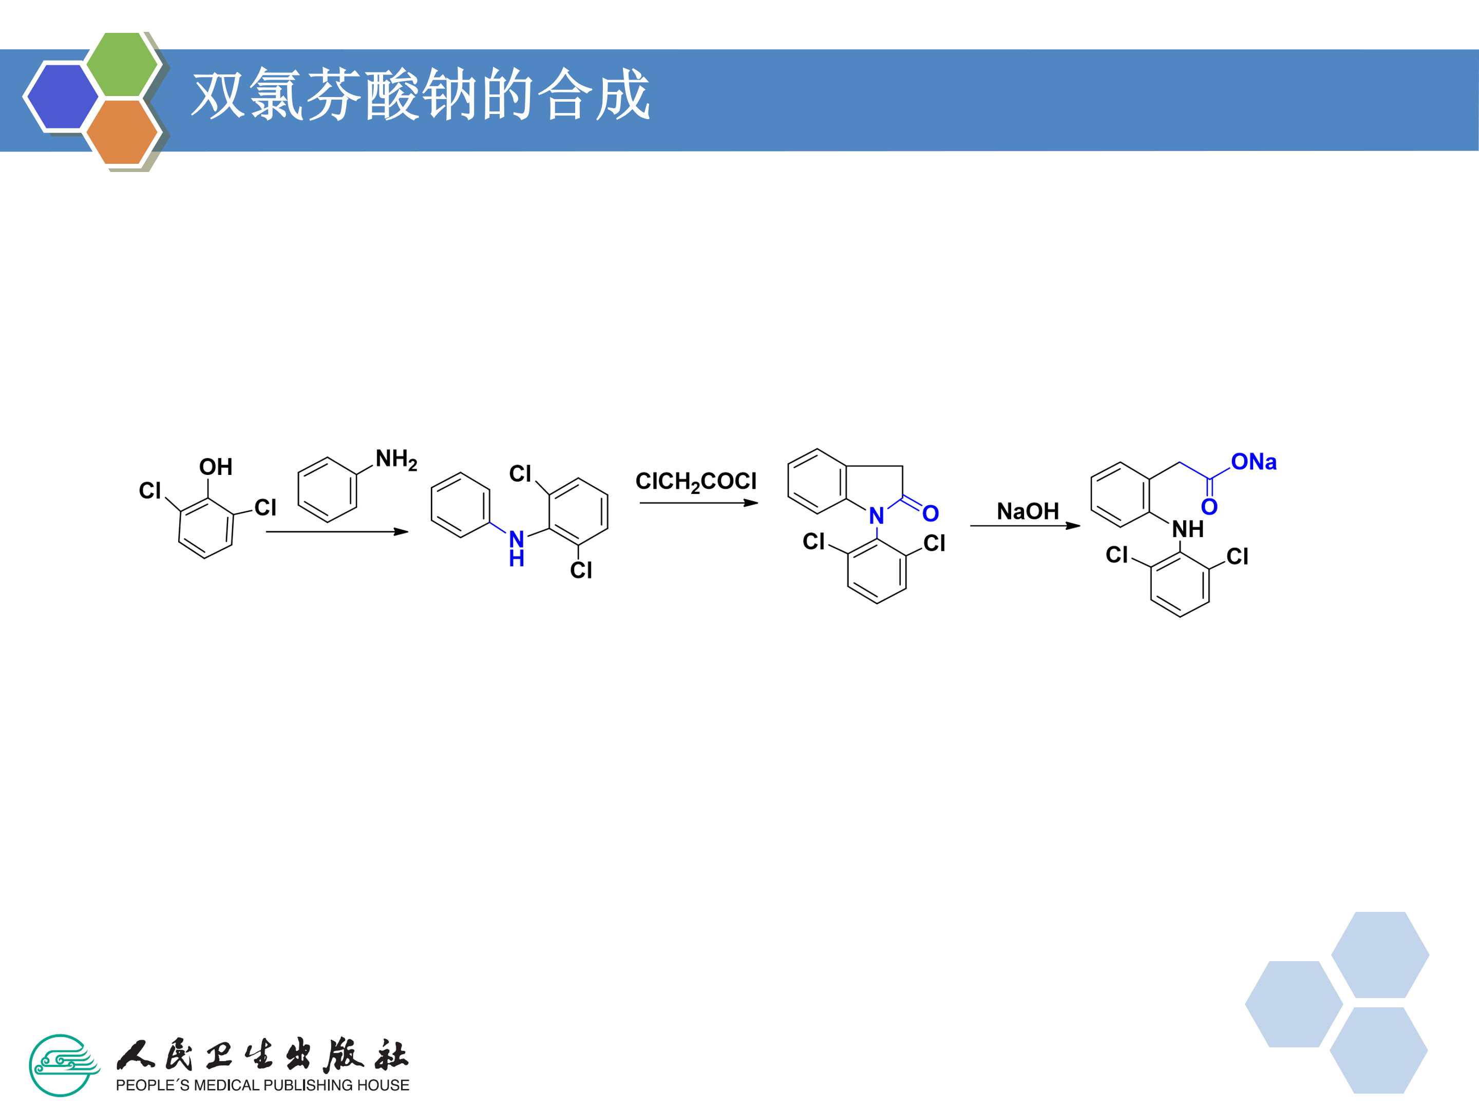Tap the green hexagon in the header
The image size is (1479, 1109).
click(122, 64)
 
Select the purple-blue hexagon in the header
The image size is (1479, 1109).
click(62, 95)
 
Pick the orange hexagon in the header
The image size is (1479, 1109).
click(122, 131)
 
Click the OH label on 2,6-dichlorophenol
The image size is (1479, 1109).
click(215, 467)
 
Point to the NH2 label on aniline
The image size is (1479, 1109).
click(396, 459)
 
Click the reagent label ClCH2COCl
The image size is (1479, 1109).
click(695, 481)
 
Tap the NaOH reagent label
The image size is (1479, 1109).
click(1028, 511)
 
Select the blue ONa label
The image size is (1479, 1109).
click(1254, 462)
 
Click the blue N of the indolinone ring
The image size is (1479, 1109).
click(876, 516)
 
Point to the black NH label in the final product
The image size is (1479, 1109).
click(1187, 529)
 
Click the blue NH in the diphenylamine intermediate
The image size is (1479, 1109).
click(516, 548)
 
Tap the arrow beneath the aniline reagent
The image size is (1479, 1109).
click(336, 531)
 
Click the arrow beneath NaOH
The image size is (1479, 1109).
click(1025, 525)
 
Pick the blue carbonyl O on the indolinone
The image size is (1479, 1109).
click(930, 513)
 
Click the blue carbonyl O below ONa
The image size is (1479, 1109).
click(1209, 507)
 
